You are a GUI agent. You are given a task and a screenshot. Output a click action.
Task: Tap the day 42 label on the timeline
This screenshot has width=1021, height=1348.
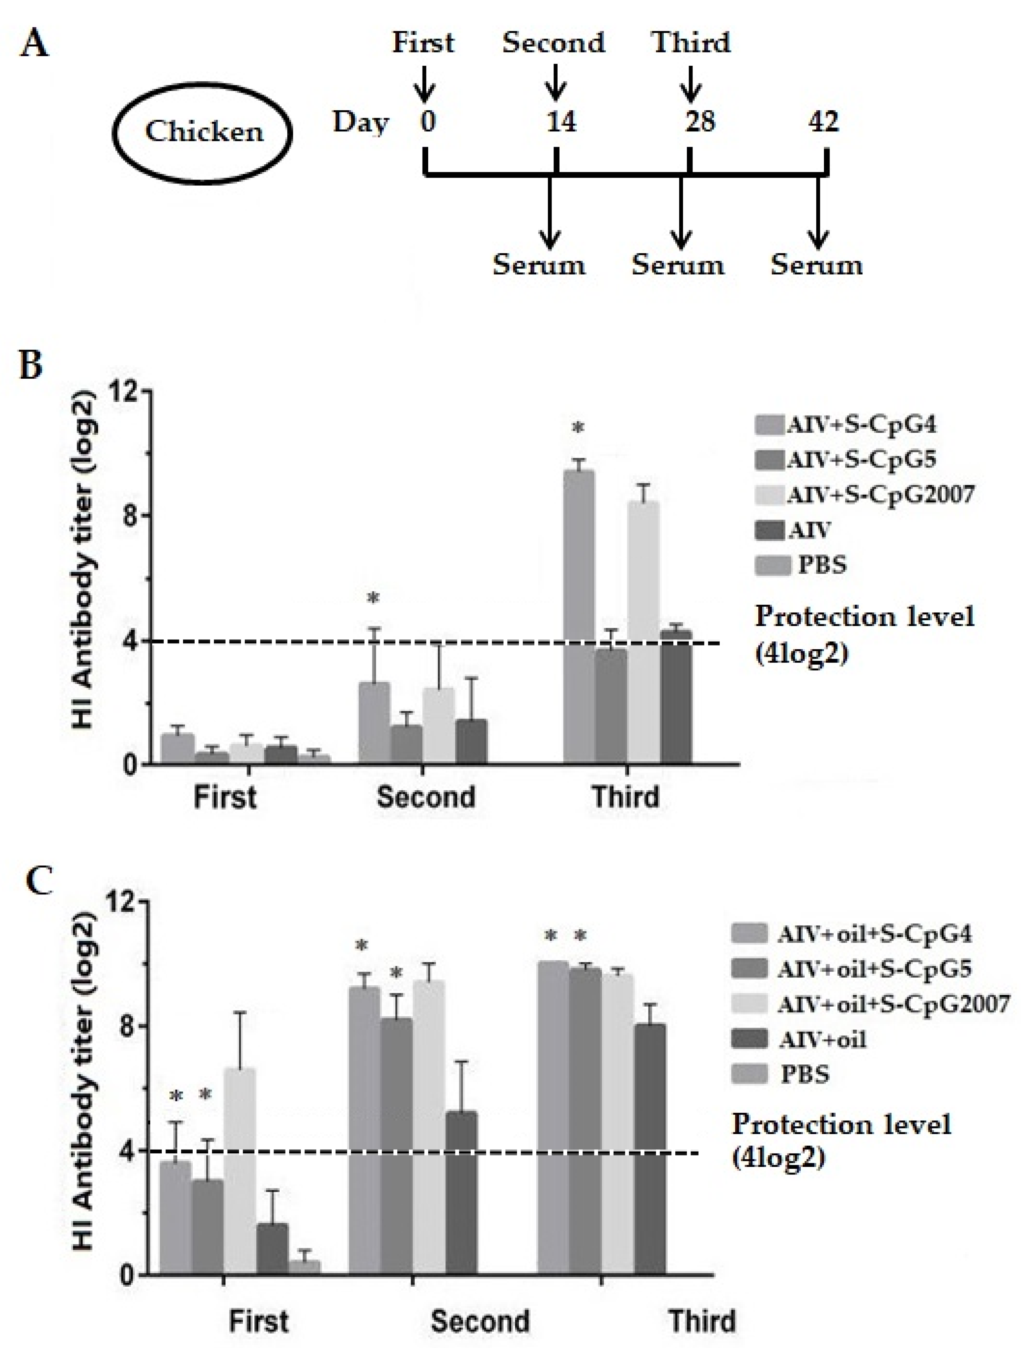coord(823,122)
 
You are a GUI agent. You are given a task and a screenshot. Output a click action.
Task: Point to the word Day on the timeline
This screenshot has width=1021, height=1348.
coord(360,123)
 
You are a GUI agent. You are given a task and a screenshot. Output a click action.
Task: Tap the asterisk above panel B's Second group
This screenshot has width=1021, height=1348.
coord(373,598)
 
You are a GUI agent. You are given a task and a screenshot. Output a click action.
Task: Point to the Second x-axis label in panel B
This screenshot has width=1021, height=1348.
coord(425,797)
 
